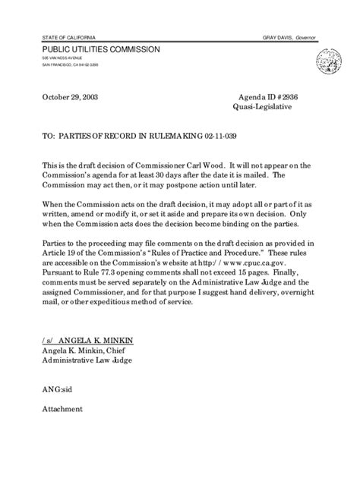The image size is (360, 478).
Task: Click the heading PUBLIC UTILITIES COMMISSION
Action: [101, 49]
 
